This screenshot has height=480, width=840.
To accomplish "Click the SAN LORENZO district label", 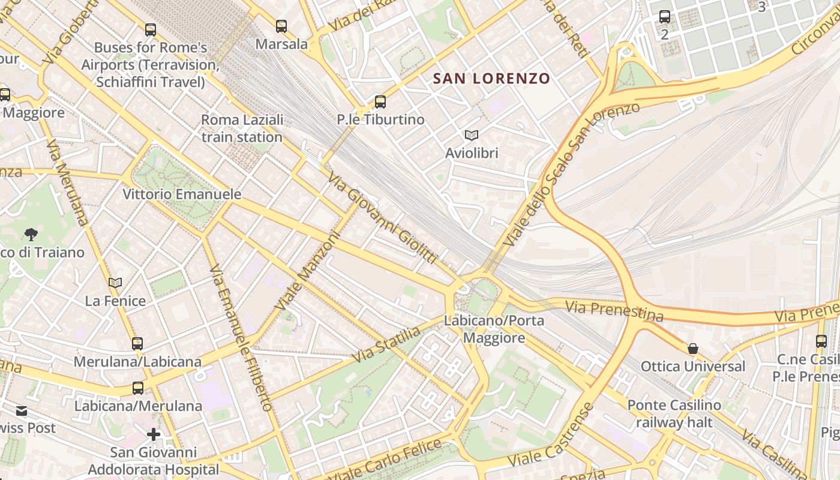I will (x=491, y=79).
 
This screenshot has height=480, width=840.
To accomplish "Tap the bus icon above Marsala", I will (x=281, y=26).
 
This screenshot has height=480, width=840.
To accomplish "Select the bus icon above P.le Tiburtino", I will (x=380, y=101).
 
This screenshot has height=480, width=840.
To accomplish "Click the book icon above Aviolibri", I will (x=472, y=136).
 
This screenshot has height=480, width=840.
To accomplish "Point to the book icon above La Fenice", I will (x=115, y=283).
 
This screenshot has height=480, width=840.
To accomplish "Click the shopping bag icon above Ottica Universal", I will (x=693, y=349).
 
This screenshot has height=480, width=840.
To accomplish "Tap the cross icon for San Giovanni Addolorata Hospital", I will (x=154, y=434).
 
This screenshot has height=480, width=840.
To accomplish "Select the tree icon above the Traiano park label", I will (x=31, y=234).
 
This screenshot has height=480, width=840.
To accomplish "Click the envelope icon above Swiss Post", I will (x=22, y=411).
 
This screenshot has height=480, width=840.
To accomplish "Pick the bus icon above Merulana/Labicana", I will (x=137, y=344).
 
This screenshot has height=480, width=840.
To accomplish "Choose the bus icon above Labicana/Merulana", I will (x=138, y=388).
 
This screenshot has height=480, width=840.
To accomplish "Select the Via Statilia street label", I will (x=386, y=344).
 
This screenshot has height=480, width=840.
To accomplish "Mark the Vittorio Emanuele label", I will (x=182, y=194).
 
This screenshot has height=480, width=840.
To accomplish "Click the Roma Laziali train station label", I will (x=242, y=128).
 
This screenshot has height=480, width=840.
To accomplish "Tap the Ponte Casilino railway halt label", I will (x=674, y=414).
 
